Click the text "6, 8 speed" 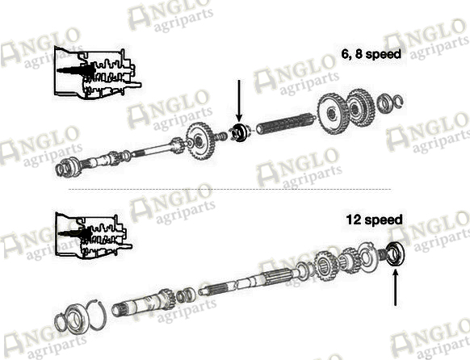tap(371, 54)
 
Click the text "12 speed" tap(374, 220)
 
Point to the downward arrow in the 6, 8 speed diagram tap(239, 101)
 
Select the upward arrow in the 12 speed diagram tap(396, 287)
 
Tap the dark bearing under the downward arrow tap(240, 132)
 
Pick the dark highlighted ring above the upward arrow tap(396, 254)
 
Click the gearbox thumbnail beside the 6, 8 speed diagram tap(98, 73)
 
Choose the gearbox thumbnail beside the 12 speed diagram tap(94, 236)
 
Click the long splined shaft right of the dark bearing tap(286, 124)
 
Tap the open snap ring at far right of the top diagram tap(397, 101)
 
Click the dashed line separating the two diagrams tap(229, 190)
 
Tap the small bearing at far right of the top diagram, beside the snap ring tap(384, 103)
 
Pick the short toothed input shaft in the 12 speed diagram tap(144, 303)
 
